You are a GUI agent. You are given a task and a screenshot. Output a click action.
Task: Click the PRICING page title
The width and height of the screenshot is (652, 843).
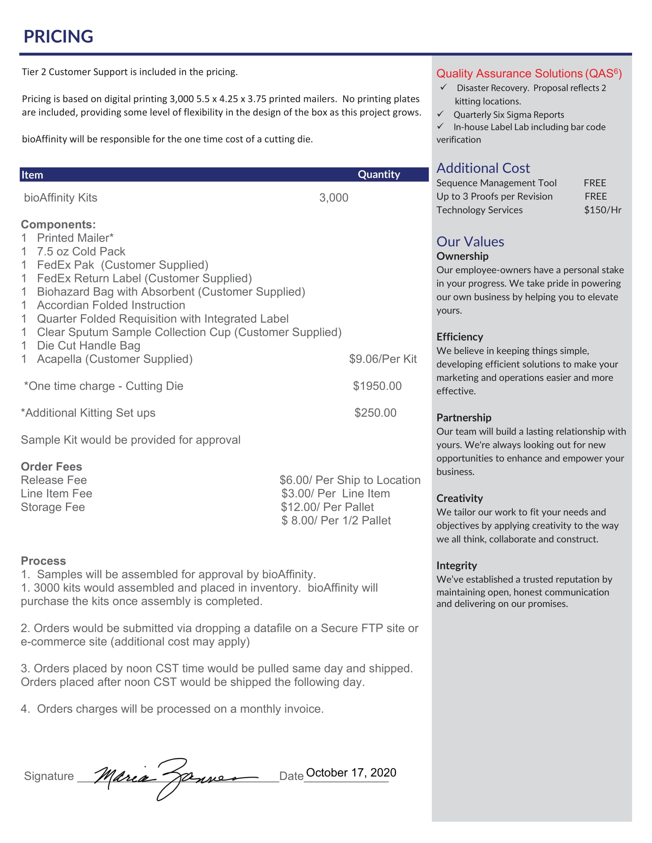click(x=58, y=37)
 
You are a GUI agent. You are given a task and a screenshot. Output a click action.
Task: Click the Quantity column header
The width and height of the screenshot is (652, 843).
click(x=379, y=174)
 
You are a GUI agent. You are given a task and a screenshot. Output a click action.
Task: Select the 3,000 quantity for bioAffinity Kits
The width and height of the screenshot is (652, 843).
click(x=333, y=198)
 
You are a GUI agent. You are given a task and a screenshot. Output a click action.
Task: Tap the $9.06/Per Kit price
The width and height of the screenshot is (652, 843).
click(x=382, y=359)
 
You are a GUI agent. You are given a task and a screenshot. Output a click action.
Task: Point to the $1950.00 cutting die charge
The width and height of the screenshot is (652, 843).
click(x=377, y=386)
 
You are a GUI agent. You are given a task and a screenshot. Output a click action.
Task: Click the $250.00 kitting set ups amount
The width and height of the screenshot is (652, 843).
click(x=375, y=413)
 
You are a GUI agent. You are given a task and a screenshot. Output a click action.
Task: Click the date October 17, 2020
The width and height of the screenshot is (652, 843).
click(x=351, y=772)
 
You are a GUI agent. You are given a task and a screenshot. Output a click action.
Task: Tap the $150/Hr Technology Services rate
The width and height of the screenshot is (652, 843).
click(x=602, y=210)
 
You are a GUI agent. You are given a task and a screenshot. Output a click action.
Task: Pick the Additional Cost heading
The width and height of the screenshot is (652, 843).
click(x=483, y=168)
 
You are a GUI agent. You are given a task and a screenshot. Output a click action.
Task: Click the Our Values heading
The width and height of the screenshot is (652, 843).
click(x=470, y=242)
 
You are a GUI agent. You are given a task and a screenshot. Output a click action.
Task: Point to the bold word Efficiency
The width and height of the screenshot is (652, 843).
click(x=459, y=337)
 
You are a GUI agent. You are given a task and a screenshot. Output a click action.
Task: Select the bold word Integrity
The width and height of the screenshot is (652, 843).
click(x=456, y=566)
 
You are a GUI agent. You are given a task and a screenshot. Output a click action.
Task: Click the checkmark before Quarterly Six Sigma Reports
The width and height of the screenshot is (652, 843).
click(x=440, y=114)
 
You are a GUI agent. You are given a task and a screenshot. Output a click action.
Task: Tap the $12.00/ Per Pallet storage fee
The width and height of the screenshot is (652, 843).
click(x=327, y=507)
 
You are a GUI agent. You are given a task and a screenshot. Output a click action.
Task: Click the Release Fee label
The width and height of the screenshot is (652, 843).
click(x=54, y=480)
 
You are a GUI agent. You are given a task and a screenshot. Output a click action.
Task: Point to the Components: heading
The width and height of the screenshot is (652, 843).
click(x=58, y=225)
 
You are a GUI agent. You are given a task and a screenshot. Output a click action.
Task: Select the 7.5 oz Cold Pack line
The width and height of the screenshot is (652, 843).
click(x=81, y=252)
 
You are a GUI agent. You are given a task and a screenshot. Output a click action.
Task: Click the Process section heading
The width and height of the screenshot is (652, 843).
click(x=43, y=561)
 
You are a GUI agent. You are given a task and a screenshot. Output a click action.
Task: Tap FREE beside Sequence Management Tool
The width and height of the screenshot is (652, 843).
click(x=594, y=183)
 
